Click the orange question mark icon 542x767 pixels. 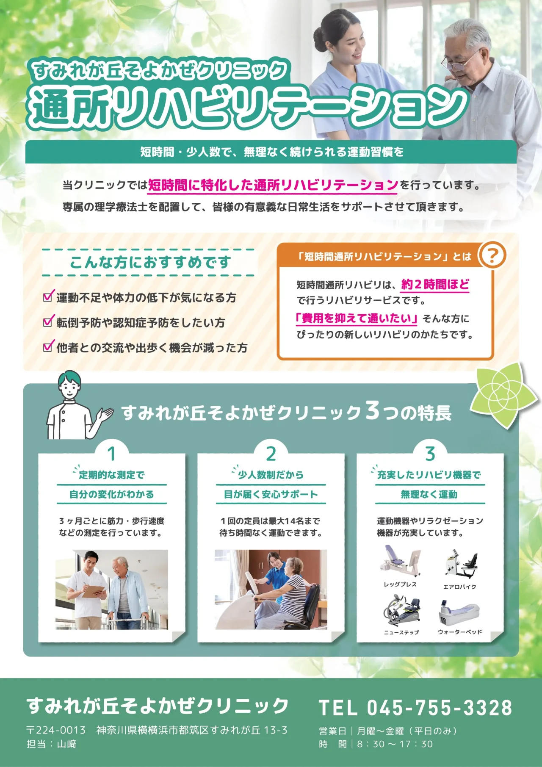[x=492, y=255]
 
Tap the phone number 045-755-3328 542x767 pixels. [x=440, y=708]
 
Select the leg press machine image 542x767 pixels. [x=401, y=561]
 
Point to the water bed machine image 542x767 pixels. [x=460, y=612]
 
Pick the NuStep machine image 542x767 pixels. [x=402, y=610]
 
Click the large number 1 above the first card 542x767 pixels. [x=112, y=454]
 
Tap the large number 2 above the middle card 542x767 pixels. [x=271, y=454]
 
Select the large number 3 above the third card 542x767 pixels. [x=430, y=454]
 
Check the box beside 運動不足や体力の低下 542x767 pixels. [x=49, y=296]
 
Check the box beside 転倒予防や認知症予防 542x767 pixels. [x=49, y=321]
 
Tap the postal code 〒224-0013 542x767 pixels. [x=56, y=730]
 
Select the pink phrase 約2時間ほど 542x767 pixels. [x=435, y=284]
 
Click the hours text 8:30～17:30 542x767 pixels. [x=395, y=744]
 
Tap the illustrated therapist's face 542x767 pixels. [x=70, y=388]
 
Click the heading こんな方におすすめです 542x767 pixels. [x=150, y=262]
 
